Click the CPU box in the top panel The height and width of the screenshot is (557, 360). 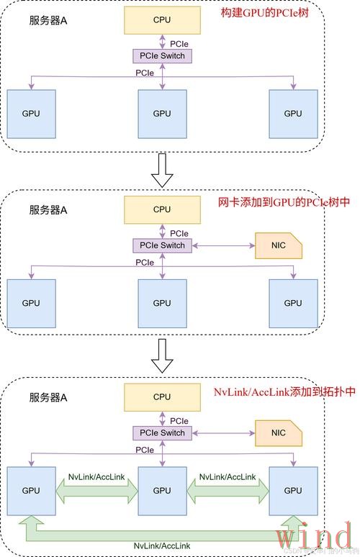pyautogui.click(x=162, y=21)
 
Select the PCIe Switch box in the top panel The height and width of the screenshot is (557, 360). pyautogui.click(x=163, y=56)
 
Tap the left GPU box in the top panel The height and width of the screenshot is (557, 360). pyautogui.click(x=32, y=114)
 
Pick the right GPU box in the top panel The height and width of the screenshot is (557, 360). pyautogui.click(x=292, y=114)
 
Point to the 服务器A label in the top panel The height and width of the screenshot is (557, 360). pyautogui.click(x=48, y=22)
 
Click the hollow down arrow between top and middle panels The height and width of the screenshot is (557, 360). pyautogui.click(x=165, y=170)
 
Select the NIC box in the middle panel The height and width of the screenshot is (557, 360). pyautogui.click(x=279, y=246)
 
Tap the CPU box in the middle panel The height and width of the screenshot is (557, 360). pyautogui.click(x=162, y=209)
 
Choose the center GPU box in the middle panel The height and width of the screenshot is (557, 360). pyautogui.click(x=162, y=303)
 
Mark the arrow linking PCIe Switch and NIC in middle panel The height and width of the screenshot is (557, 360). pyautogui.click(x=224, y=245)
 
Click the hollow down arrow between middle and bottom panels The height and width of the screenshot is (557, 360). pyautogui.click(x=165, y=356)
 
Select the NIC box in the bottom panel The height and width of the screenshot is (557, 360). pyautogui.click(x=279, y=433)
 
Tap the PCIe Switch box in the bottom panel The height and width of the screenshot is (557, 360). pyautogui.click(x=163, y=433)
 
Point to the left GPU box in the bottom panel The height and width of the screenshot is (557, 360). pyautogui.click(x=32, y=490)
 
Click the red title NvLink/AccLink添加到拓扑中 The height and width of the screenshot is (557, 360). pyautogui.click(x=285, y=392)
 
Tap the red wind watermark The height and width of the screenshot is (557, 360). pyautogui.click(x=314, y=536)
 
